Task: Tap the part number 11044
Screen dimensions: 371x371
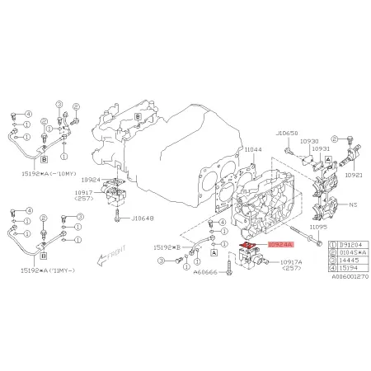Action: tap(252, 150)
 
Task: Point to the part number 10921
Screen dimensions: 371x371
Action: tap(353, 175)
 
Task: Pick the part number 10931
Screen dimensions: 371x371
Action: tap(321, 149)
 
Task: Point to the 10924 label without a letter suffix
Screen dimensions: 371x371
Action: tap(91, 179)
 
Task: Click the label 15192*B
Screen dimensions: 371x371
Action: tap(168, 247)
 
